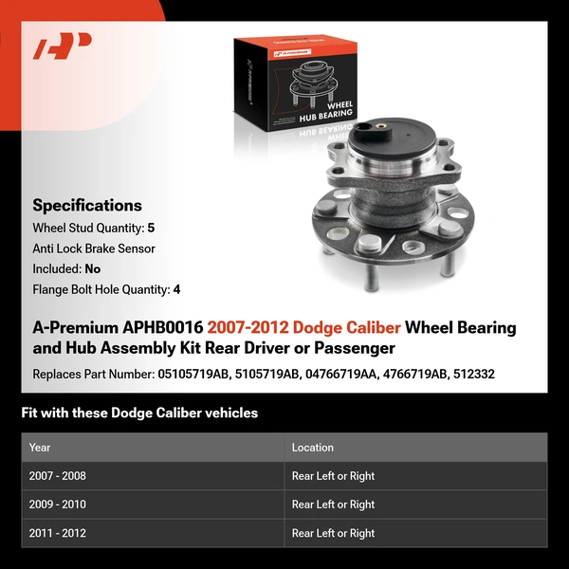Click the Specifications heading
click(87, 205)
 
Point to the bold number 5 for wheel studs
click(151, 229)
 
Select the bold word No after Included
click(92, 268)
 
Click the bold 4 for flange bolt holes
click(176, 289)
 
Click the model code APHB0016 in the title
click(150, 328)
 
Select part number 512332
click(473, 374)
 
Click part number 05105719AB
click(193, 374)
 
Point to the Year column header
click(40, 448)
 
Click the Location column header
click(313, 448)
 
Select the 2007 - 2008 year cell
click(57, 476)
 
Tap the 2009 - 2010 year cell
click(57, 505)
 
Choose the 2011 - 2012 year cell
click(57, 533)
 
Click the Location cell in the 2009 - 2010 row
click(333, 505)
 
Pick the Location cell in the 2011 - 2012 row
click(333, 533)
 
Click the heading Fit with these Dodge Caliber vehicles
click(139, 413)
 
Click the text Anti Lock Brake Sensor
click(94, 248)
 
